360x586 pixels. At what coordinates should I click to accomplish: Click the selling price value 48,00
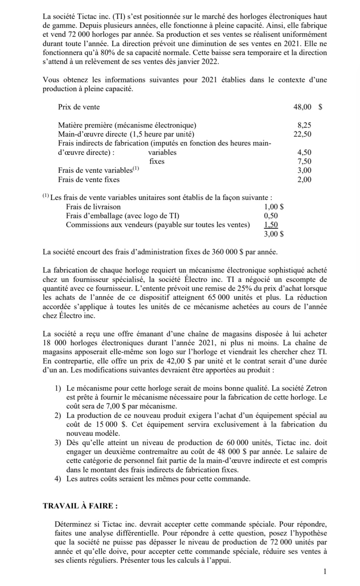pyautogui.click(x=302, y=107)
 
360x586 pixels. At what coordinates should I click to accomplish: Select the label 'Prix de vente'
pyautogui.click(x=79, y=107)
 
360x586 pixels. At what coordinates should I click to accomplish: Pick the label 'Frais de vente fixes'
pyautogui.click(x=89, y=180)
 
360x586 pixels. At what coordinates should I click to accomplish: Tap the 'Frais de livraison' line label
pyautogui.click(x=93, y=207)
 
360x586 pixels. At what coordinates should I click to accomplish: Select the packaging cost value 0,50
pyautogui.click(x=271, y=216)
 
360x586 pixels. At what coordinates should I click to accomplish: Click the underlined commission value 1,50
pyautogui.click(x=271, y=225)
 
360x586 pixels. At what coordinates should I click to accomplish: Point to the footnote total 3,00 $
pyautogui.click(x=274, y=234)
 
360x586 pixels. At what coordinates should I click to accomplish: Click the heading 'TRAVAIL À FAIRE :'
pyautogui.click(x=80, y=506)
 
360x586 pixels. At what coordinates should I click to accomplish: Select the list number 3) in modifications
pyautogui.click(x=58, y=443)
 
